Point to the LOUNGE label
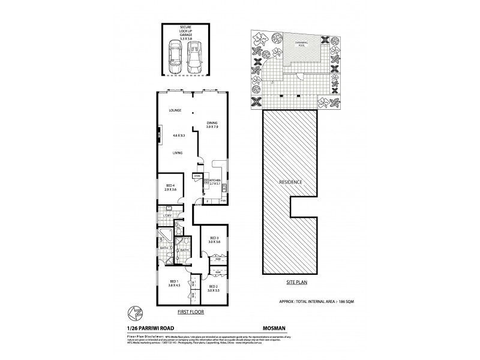(175, 111)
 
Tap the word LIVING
(178, 154)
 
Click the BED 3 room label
(214, 239)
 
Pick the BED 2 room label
(214, 288)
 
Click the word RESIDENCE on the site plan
(289, 182)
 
